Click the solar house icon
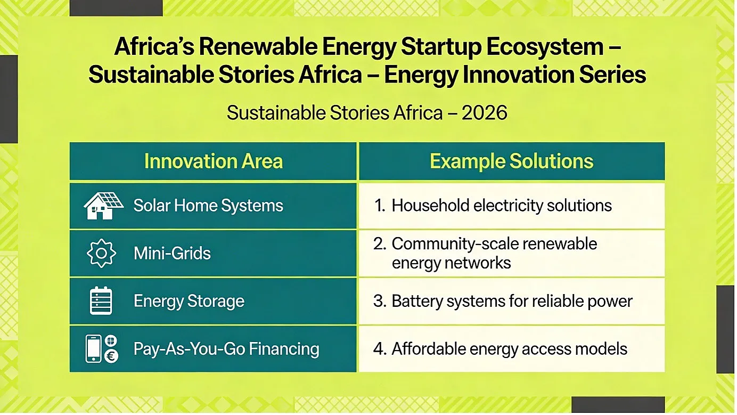click(103, 206)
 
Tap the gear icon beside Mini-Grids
click(101, 253)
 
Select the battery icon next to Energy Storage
click(101, 300)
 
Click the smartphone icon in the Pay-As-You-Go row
click(93, 348)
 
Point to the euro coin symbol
click(111, 356)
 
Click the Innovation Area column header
click(214, 161)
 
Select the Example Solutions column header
click(512, 161)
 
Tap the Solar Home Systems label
click(208, 206)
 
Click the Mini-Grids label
click(172, 254)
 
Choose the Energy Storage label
click(189, 302)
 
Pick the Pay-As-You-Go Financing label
click(226, 349)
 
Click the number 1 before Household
click(379, 206)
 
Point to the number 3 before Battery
click(379, 301)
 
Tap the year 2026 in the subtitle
click(484, 113)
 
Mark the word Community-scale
click(454, 244)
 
